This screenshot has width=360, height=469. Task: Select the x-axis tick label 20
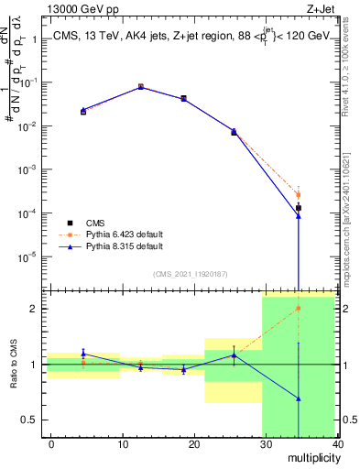click(194, 444)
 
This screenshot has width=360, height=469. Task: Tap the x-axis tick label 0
click(51, 444)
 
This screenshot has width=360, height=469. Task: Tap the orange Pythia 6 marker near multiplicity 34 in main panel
click(299, 194)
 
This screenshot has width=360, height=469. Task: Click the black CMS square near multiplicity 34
click(299, 208)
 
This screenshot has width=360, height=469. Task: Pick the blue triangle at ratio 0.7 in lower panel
click(299, 398)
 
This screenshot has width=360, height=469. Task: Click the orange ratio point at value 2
click(299, 309)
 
